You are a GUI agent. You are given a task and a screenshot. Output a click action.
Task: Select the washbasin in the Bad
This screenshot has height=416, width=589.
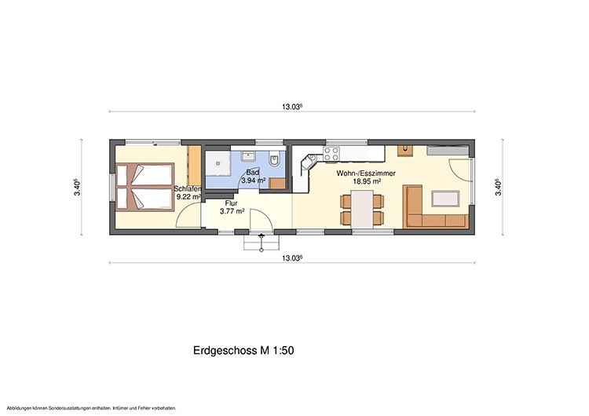(248, 155)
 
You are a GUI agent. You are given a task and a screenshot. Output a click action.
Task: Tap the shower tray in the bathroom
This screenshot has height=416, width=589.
(218, 163)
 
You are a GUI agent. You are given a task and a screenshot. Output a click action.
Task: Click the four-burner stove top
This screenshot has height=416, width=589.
(331, 153)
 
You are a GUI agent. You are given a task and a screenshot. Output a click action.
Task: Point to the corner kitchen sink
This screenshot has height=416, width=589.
(310, 162)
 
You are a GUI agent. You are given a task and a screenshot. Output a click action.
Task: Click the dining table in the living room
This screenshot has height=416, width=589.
(362, 209)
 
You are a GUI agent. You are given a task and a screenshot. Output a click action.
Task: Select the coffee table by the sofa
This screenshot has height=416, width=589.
(445, 199)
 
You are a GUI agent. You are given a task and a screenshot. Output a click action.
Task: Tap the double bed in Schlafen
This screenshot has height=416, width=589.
(145, 187)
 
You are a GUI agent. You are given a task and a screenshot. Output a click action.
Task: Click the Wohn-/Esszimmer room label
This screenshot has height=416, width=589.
(366, 173)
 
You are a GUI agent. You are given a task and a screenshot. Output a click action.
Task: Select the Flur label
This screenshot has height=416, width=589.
(232, 203)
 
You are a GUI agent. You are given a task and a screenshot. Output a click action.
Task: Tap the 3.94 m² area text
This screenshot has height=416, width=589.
(254, 181)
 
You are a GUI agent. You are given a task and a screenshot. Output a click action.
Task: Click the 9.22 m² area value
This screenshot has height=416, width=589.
(188, 197)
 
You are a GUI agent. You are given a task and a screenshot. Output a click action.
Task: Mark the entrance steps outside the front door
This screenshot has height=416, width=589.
(262, 243)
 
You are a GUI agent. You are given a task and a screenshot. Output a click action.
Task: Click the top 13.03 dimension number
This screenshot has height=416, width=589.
(292, 107)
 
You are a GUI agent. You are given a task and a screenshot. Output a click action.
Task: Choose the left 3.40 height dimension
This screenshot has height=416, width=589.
(77, 187)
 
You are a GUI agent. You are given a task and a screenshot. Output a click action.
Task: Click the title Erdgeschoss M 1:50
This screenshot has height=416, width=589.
(243, 350)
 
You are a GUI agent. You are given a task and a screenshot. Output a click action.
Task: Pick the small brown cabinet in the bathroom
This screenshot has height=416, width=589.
(277, 184)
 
